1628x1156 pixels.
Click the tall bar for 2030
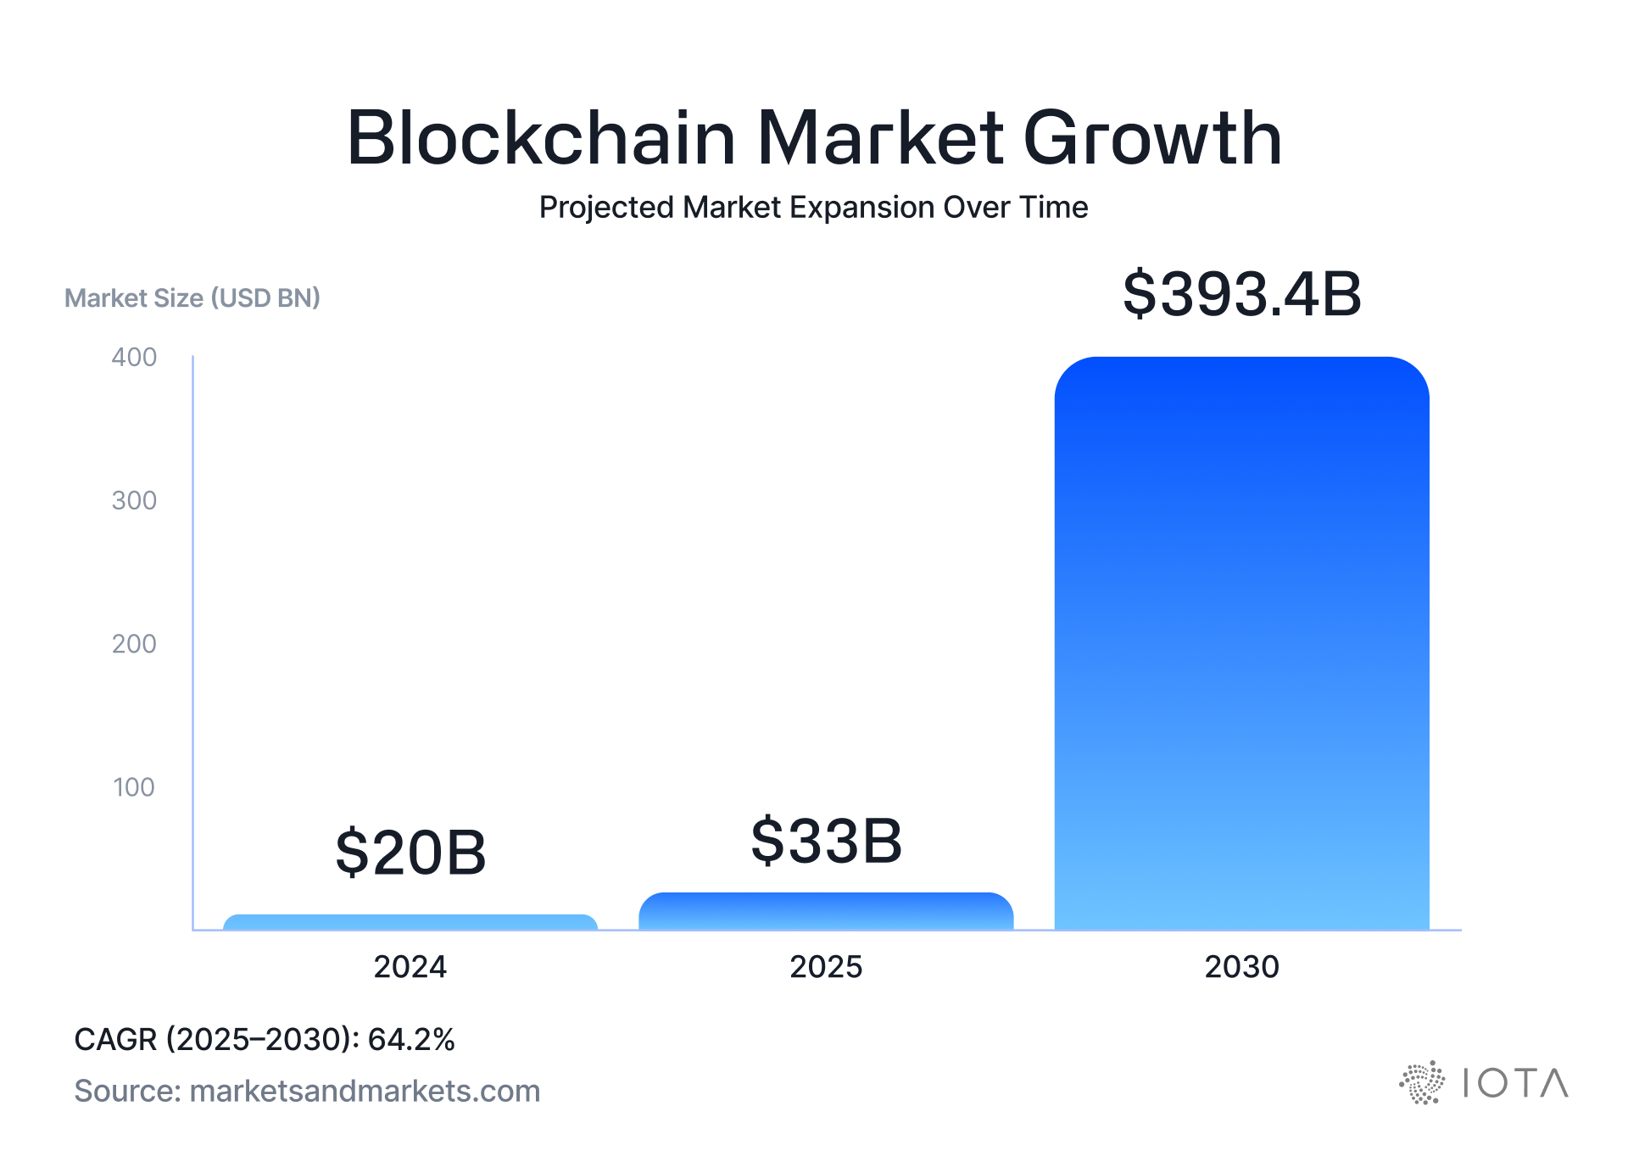pyautogui.click(x=1241, y=644)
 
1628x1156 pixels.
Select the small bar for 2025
pyautogui.click(x=826, y=912)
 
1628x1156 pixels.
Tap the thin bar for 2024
pyautogui.click(x=410, y=922)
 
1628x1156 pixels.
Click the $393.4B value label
pyautogui.click(x=1241, y=294)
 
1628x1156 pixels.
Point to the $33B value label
pyautogui.click(x=826, y=841)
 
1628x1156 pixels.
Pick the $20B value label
pyautogui.click(x=410, y=852)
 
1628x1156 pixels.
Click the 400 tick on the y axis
pyautogui.click(x=134, y=357)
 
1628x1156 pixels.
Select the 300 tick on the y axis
pyautogui.click(x=134, y=500)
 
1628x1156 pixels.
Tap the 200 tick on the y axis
pyautogui.click(x=134, y=643)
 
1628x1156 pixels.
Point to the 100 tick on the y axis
pyautogui.click(x=134, y=786)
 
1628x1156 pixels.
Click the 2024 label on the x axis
pyautogui.click(x=410, y=966)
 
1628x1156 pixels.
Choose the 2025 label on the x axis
pyautogui.click(x=826, y=966)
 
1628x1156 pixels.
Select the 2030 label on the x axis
pyautogui.click(x=1241, y=966)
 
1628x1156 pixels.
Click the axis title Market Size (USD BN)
pyautogui.click(x=192, y=297)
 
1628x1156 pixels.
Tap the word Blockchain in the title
pyautogui.click(x=541, y=137)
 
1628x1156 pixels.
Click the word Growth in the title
pyautogui.click(x=1153, y=137)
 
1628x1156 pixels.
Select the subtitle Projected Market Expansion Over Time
pyautogui.click(x=813, y=207)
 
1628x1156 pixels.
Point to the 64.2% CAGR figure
pyautogui.click(x=411, y=1039)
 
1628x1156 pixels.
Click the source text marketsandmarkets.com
pyautogui.click(x=365, y=1091)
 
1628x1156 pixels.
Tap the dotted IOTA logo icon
pyautogui.click(x=1422, y=1082)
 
